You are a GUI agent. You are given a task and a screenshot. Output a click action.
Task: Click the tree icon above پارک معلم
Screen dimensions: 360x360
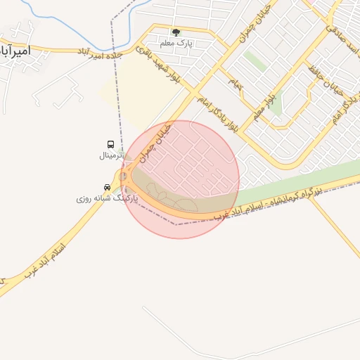tap(176, 32)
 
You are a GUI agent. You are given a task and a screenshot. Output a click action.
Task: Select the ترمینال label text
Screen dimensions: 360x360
tap(110, 155)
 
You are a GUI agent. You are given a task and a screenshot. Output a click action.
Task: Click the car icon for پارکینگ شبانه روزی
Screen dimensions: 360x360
tap(106, 188)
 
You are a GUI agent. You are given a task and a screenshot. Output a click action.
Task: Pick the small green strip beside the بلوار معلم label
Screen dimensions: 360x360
tap(276, 103)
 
